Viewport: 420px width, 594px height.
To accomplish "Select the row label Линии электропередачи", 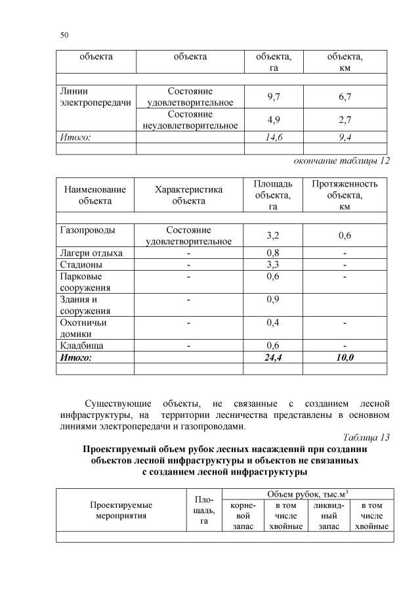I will [91, 97].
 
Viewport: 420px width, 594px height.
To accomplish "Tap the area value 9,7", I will [274, 97].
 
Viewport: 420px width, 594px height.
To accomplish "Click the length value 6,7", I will [345, 97].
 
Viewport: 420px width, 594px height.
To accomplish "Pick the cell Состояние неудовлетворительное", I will [190, 120].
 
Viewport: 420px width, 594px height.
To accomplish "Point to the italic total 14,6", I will [274, 137].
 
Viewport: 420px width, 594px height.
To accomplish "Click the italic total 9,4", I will [345, 137].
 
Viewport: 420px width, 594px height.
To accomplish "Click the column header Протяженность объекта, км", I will [345, 195].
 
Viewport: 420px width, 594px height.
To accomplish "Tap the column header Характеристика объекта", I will [188, 195].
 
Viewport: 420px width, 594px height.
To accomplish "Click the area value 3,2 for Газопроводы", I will [274, 235].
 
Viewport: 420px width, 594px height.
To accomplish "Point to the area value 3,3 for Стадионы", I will [274, 265].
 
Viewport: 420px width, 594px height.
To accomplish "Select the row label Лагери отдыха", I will [91, 253].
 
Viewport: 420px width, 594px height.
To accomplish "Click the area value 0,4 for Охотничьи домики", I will [274, 323].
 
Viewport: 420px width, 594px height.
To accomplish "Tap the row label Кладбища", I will [81, 346].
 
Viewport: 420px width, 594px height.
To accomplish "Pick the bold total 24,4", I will [274, 357].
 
